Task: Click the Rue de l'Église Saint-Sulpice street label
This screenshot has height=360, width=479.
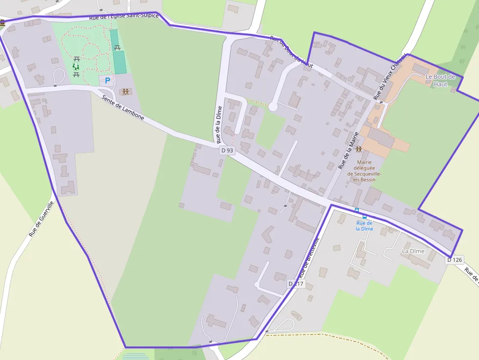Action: [x=124, y=17]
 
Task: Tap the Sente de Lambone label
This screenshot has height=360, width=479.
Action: [x=123, y=107]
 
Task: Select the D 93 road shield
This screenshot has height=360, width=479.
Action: [x=227, y=150]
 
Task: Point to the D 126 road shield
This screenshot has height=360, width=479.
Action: [x=454, y=260]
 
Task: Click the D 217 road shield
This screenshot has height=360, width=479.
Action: [x=296, y=284]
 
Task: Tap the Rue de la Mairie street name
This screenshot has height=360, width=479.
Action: [x=349, y=150]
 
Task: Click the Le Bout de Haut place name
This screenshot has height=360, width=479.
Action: [x=440, y=80]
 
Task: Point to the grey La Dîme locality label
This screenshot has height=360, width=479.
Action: [x=413, y=251]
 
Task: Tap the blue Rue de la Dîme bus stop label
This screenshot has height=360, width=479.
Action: [x=364, y=226]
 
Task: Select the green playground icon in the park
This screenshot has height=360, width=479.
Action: [x=76, y=66]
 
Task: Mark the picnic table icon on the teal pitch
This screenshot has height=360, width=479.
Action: [x=117, y=48]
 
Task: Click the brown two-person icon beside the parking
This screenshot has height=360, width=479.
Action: [x=126, y=92]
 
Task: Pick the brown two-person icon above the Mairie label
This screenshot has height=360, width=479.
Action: [x=359, y=149]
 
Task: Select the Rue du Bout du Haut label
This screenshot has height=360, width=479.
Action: [x=291, y=51]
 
